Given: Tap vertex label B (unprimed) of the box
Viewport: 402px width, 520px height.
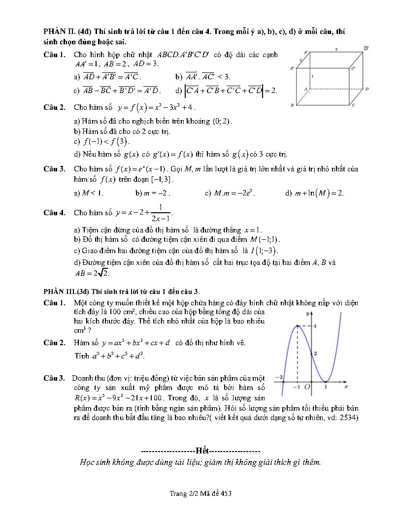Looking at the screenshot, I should click(292, 105).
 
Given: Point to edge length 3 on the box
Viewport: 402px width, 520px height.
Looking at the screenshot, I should click(336, 49).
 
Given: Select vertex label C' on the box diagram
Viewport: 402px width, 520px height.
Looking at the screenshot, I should click(353, 68).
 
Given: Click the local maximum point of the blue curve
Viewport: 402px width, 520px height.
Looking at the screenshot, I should click(298, 325).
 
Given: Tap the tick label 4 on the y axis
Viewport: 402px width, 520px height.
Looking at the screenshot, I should click(315, 325).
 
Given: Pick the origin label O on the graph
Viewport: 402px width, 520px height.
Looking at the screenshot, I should click(306, 387).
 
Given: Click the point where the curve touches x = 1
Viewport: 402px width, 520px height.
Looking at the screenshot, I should click(325, 382).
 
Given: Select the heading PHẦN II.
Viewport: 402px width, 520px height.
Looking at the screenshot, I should click(60, 31).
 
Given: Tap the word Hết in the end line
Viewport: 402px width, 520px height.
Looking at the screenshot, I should click(202, 451).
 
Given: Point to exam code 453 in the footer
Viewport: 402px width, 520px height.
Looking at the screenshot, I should click(226, 493).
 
